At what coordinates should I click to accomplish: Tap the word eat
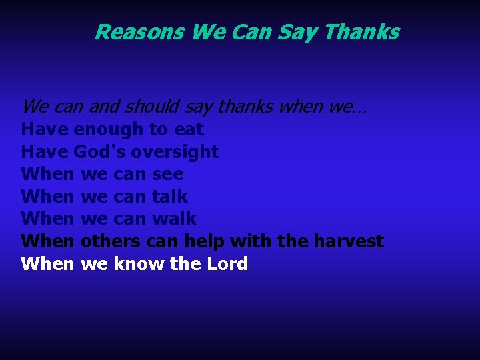click(189, 129)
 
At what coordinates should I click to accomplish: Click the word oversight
click(175, 152)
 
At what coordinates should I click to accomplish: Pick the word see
click(168, 175)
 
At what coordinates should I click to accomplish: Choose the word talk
click(170, 197)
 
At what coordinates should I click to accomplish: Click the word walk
click(174, 219)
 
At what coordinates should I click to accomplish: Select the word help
click(205, 241)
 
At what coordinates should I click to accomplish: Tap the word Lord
click(227, 264)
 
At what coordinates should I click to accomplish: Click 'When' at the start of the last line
click(47, 264)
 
